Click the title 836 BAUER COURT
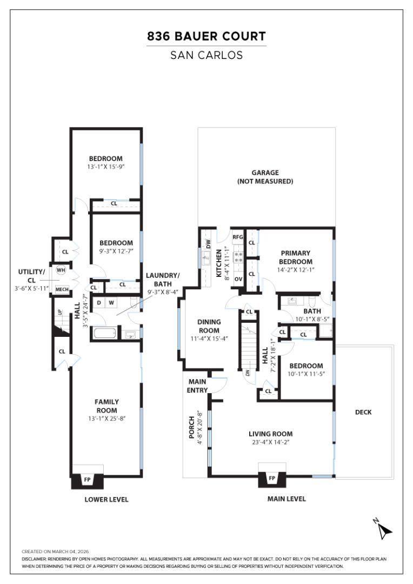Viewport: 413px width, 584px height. [x=206, y=37]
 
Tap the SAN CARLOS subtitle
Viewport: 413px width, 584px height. [x=206, y=55]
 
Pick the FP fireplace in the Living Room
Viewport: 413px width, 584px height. [x=271, y=479]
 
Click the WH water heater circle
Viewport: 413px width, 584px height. [x=61, y=270]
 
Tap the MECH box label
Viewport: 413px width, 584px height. [x=62, y=290]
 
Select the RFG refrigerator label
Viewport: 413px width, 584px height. [x=238, y=237]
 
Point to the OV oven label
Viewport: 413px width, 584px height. [x=238, y=279]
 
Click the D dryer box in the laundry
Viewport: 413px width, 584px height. [x=99, y=302]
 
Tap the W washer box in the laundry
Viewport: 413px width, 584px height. [x=111, y=302]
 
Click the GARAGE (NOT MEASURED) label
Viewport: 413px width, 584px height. [x=265, y=177]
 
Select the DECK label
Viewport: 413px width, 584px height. [x=363, y=412]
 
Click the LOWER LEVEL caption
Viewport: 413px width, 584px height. [x=106, y=500]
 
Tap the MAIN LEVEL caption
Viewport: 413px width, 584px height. [x=287, y=499]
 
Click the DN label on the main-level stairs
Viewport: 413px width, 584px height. [x=247, y=373]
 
